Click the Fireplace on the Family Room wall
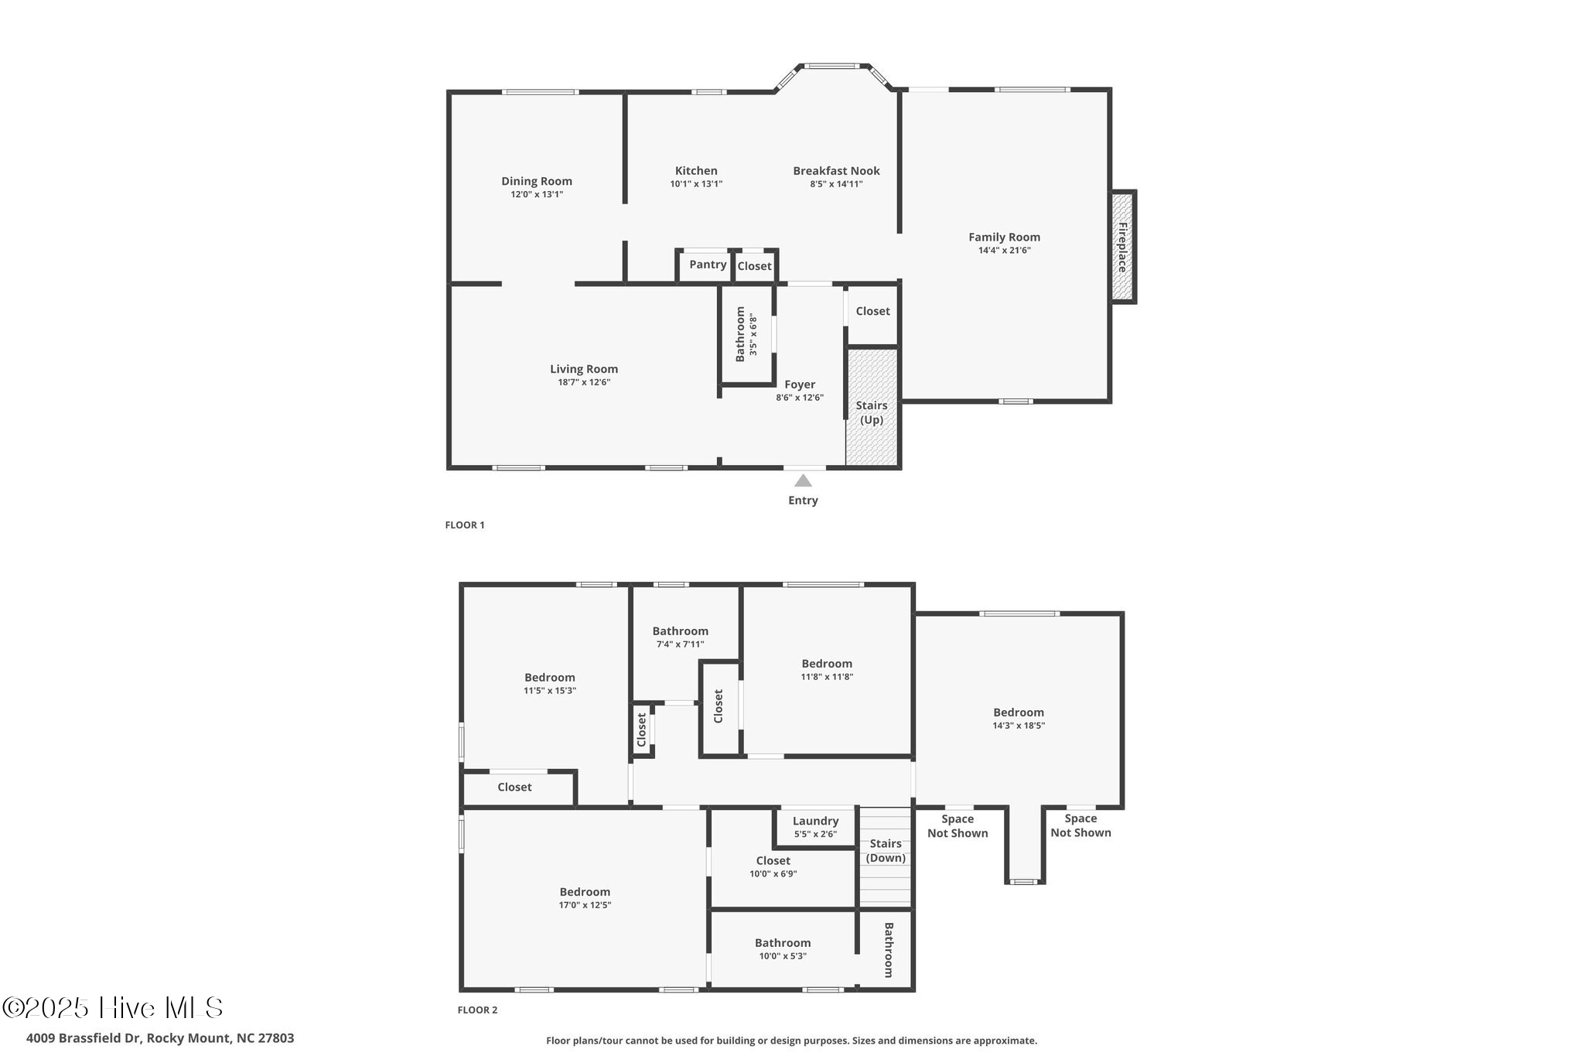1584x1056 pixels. click(1122, 247)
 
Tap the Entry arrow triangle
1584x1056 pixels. click(803, 480)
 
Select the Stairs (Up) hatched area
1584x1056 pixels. click(872, 408)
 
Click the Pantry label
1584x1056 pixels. click(708, 265)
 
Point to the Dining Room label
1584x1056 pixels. click(537, 181)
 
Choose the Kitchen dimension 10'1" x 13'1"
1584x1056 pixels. click(696, 184)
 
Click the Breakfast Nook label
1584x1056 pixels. click(836, 171)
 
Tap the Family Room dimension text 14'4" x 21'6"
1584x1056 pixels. click(1004, 250)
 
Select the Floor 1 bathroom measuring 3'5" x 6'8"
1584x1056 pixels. click(746, 333)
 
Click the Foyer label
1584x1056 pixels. click(800, 384)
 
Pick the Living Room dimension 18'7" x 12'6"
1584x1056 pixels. click(584, 382)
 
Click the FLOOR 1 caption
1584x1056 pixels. click(465, 525)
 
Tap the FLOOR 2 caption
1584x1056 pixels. click(477, 1010)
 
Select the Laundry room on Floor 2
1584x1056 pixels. click(815, 826)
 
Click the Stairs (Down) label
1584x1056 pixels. click(886, 850)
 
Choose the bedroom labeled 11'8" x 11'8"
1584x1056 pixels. click(827, 669)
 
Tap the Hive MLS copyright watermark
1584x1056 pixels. click(113, 1007)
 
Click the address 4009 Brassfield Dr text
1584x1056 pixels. click(160, 1038)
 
